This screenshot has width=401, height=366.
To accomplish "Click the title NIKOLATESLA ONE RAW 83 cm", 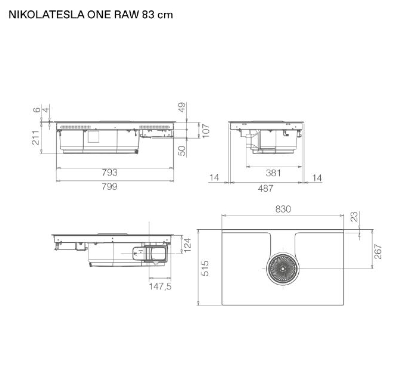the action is (91, 15).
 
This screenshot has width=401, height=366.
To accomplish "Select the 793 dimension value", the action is (110, 173).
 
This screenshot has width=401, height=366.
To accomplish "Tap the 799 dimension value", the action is (110, 187).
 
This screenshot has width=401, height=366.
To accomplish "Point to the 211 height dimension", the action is (36, 138).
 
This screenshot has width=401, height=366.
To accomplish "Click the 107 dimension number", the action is (206, 131).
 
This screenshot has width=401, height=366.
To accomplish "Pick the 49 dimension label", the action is (182, 107).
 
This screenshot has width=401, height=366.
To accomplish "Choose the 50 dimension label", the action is (182, 151).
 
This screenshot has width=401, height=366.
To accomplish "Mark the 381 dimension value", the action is (273, 173).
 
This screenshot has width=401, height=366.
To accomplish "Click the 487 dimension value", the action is (266, 188).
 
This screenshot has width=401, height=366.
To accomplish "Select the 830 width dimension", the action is (283, 209).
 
